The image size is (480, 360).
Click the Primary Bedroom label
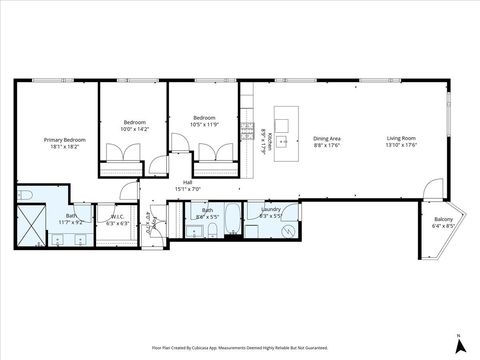pyautogui.click(x=62, y=140)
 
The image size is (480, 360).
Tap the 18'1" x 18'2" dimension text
pyautogui.click(x=62, y=148)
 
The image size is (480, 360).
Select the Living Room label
pyautogui.click(x=403, y=139)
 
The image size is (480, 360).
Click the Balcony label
pyautogui.click(x=443, y=219)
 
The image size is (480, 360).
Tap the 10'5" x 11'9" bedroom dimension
pyautogui.click(x=204, y=123)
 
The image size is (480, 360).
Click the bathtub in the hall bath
pyautogui.click(x=229, y=219)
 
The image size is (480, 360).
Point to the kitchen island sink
pyautogui.click(x=284, y=141)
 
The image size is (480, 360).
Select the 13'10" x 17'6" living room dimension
pyautogui.click(x=403, y=146)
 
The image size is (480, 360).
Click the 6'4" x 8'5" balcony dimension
pyautogui.click(x=443, y=226)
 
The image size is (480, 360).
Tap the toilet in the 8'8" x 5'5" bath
pyautogui.click(x=212, y=230)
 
